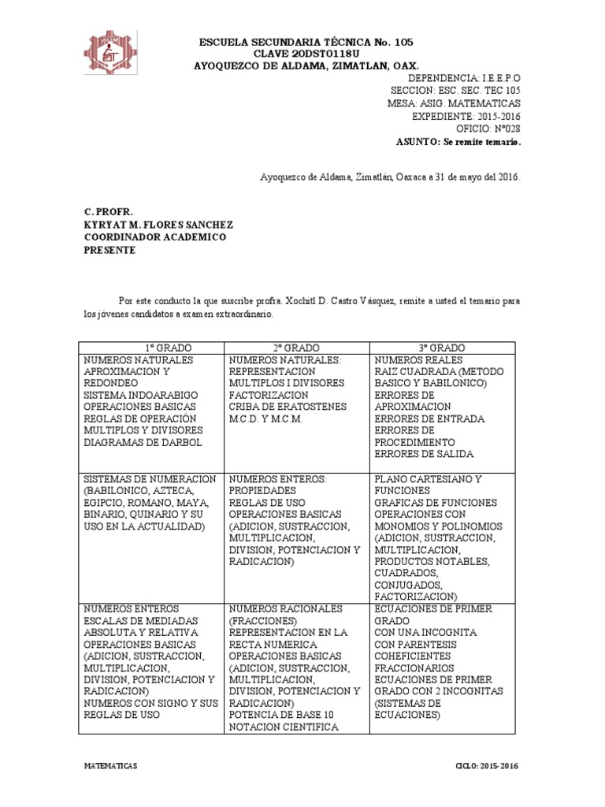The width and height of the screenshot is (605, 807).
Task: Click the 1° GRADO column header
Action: point(152,348)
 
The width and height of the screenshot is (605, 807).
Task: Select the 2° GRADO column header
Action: point(297,348)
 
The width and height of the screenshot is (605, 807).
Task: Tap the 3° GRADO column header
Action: point(441,348)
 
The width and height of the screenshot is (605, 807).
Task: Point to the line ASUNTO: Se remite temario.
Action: point(458,142)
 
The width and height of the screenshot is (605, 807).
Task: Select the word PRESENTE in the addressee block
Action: point(109,251)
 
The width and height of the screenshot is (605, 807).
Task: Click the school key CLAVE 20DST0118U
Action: point(306,54)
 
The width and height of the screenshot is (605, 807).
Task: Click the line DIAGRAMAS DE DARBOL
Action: point(143,442)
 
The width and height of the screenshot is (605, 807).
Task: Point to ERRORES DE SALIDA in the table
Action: point(430,454)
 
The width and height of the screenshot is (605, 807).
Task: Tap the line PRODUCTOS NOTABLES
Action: point(432,561)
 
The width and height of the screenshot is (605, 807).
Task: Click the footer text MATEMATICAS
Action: point(110,766)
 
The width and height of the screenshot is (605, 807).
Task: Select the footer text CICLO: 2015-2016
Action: point(488,766)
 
